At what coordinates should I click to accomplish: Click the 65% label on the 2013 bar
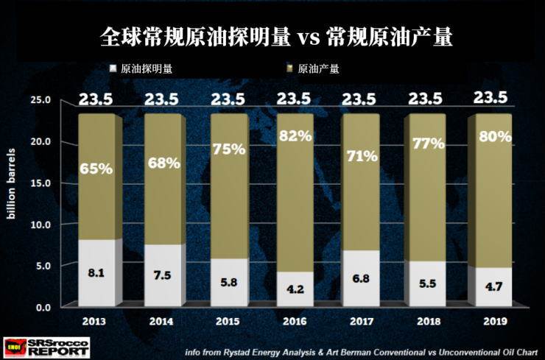coord(96,169)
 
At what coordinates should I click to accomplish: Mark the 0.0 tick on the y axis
coord(41,307)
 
